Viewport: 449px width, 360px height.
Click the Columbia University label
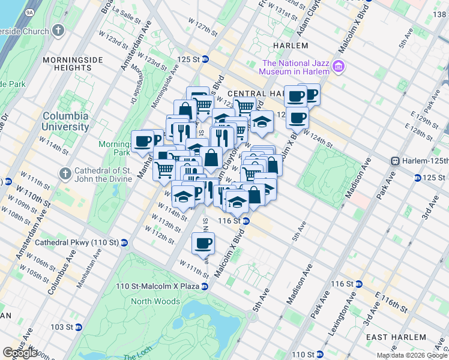[65, 121]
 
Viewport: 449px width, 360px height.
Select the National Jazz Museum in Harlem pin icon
[339, 65]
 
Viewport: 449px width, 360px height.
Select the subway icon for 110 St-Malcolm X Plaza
[205, 286]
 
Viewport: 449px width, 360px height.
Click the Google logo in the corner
[20, 353]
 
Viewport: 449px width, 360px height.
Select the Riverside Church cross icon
[58, 29]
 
